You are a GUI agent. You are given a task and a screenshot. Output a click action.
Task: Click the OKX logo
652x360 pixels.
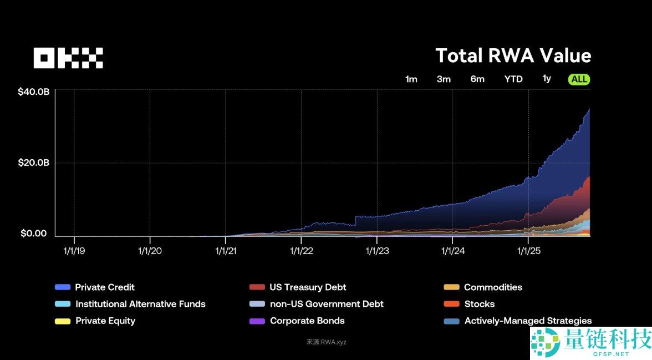[68, 58]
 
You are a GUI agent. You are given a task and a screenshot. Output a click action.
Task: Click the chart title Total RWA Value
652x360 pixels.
[513, 56]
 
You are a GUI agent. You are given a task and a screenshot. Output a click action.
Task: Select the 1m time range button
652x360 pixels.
[411, 79]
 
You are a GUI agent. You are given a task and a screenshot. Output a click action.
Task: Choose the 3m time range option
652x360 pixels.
[444, 79]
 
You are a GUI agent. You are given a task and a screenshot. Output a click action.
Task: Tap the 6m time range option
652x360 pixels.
[477, 79]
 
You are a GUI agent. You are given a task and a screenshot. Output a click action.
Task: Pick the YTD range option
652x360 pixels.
[513, 79]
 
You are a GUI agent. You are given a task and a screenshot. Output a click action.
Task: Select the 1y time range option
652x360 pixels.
[547, 79]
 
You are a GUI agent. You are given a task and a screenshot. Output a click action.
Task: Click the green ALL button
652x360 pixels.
[579, 79]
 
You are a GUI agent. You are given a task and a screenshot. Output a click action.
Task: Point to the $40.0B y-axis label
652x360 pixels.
[34, 92]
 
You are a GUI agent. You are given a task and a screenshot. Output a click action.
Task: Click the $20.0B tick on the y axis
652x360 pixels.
[34, 163]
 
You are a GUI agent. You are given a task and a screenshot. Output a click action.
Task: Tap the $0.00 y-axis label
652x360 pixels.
[34, 234]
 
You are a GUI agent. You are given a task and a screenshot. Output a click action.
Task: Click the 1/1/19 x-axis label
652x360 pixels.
[74, 251]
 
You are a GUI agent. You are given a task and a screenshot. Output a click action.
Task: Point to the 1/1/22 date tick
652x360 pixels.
[301, 251]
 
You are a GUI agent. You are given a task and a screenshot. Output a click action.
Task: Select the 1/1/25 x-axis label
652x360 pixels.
[528, 251]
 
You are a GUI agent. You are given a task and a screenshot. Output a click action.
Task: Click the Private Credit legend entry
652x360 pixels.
[105, 287]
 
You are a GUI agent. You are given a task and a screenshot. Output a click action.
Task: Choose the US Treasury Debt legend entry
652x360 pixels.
[308, 287]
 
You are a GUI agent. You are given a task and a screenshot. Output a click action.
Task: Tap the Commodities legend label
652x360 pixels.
[493, 287]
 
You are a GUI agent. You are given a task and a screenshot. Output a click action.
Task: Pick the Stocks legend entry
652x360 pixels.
[479, 304]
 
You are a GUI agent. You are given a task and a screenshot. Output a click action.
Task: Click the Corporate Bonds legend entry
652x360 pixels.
[307, 321]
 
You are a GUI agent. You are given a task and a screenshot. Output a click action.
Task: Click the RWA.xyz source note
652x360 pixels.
[326, 342]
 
